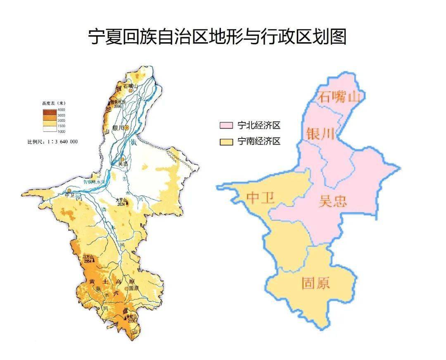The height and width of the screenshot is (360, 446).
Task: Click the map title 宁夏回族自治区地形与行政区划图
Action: pos(218,37)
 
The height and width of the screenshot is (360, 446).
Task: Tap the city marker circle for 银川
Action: pos(127,128)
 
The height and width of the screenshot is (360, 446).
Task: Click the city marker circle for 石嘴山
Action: pos(130,90)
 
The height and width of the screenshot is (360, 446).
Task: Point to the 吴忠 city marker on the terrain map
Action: pos(122,159)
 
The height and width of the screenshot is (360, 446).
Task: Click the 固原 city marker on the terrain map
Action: pos(126,288)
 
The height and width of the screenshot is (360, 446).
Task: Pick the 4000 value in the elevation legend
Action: pos(61,110)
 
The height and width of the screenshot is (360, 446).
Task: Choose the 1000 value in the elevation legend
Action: pos(61,131)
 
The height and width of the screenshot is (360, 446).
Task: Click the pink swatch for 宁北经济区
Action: pos(225,125)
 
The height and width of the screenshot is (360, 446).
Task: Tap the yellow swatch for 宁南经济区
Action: pos(225,142)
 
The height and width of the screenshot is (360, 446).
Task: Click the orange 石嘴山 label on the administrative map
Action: pos(339,97)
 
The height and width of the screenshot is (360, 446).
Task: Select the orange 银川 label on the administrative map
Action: pos(320,134)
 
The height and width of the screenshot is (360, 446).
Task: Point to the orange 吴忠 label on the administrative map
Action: pos(333,201)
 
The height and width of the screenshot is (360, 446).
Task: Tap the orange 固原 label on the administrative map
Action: pos(316,284)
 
